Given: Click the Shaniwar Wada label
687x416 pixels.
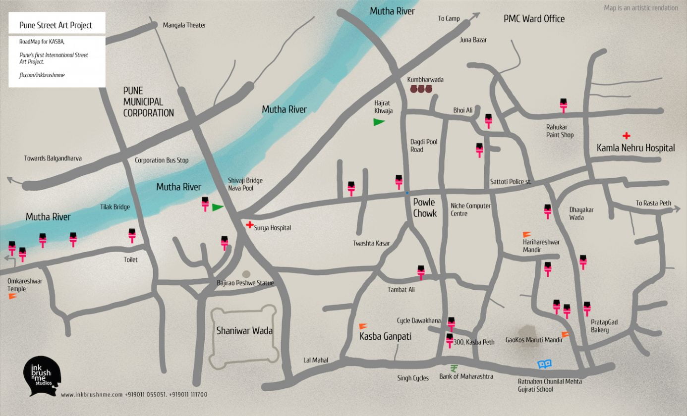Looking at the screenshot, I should click(244, 330).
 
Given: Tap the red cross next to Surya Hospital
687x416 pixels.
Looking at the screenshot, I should click(249, 225).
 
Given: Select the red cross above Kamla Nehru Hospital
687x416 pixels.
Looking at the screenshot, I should click(627, 135).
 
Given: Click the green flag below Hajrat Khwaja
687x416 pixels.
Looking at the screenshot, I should click(379, 121).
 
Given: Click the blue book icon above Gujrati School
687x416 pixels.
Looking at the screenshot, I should click(545, 364).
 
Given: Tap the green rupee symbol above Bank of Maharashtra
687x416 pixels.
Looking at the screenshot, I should click(454, 368).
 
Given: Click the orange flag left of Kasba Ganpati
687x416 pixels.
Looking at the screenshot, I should click(363, 326).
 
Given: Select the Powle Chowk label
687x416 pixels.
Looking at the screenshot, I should click(425, 208).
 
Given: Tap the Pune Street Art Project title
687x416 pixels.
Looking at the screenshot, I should click(56, 25).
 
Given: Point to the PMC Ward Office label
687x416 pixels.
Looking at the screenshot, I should click(534, 19).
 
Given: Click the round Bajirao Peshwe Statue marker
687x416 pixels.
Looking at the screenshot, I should click(246, 274).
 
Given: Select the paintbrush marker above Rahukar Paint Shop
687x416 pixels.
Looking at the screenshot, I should click(563, 105).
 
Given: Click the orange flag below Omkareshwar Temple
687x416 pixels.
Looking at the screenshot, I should click(13, 296).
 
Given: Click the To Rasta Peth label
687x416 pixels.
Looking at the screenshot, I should click(653, 203).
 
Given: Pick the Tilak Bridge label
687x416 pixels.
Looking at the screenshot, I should click(115, 207).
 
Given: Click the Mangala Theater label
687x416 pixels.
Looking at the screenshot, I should click(184, 25).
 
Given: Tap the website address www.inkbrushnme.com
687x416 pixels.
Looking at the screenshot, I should click(92, 395).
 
